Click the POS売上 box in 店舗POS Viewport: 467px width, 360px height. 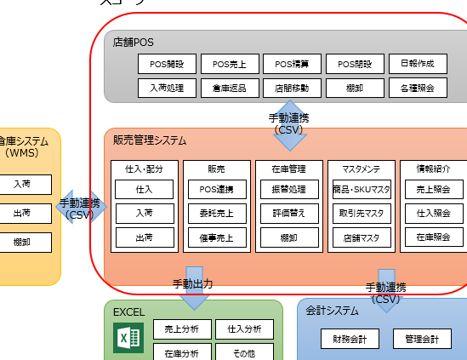click(230, 64)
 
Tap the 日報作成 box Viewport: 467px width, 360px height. click(417, 64)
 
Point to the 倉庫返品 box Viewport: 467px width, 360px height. click(230, 87)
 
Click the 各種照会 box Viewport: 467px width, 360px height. click(417, 87)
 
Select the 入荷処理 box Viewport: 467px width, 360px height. click(168, 87)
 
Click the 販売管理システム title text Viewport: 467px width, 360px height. click(150, 140)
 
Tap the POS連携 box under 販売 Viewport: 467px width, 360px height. click(216, 189)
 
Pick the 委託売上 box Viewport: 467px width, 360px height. click(216, 213)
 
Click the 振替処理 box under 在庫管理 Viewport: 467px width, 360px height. click(288, 189)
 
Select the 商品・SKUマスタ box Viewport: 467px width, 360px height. click(361, 189)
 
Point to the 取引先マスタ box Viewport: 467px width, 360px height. click(361, 213)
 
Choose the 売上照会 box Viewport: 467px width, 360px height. click(433, 189)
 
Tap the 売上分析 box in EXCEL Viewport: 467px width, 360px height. click(181, 329)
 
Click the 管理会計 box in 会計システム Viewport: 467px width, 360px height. click(421, 340)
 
